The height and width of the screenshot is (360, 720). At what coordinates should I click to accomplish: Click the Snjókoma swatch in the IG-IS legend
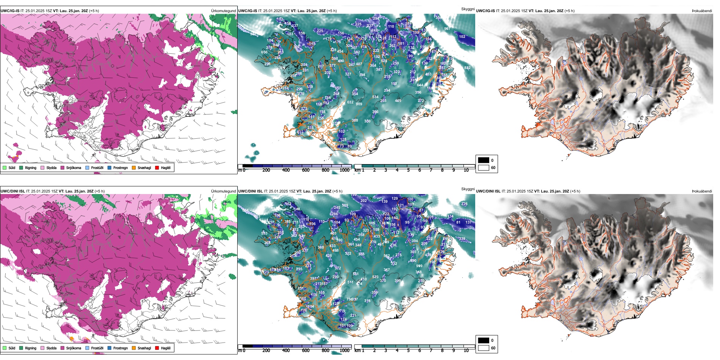pyautogui.click(x=63, y=167)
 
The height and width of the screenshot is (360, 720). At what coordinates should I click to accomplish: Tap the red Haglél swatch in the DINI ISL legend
pyautogui.click(x=157, y=348)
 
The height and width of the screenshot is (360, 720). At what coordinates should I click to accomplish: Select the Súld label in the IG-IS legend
pyautogui.click(x=12, y=167)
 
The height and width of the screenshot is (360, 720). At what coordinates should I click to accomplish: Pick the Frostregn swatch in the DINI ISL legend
pyautogui.click(x=110, y=348)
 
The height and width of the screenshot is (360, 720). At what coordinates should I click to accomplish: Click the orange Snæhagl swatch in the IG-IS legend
pyautogui.click(x=134, y=167)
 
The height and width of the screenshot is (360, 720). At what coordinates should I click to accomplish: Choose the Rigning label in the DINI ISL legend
pyautogui.click(x=31, y=348)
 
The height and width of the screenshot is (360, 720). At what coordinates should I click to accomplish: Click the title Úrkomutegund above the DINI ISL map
pyautogui.click(x=223, y=191)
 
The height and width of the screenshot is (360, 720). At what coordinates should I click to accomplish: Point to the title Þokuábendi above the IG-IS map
pyautogui.click(x=702, y=11)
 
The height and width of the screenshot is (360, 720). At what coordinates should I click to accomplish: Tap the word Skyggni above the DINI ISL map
pyautogui.click(x=468, y=189)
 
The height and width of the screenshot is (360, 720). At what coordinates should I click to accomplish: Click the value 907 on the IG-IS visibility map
pyautogui.click(x=447, y=29)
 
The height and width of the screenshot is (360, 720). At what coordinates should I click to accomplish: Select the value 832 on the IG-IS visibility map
pyautogui.click(x=467, y=68)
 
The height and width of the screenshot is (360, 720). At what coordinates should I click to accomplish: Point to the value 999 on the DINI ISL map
pyautogui.click(x=419, y=266)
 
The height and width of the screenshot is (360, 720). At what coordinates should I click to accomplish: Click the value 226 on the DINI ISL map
pyautogui.click(x=465, y=204)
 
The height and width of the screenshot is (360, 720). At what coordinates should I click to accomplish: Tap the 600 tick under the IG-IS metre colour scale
pyautogui.click(x=306, y=170)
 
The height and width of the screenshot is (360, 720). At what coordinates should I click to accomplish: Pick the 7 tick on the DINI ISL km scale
pyautogui.click(x=431, y=351)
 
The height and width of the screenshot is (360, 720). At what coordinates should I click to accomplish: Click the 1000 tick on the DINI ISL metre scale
pyautogui.click(x=344, y=351)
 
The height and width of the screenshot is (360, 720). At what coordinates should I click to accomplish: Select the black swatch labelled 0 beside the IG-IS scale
pyautogui.click(x=484, y=160)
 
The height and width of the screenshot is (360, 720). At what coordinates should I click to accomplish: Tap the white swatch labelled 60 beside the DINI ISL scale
pyautogui.click(x=484, y=348)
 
